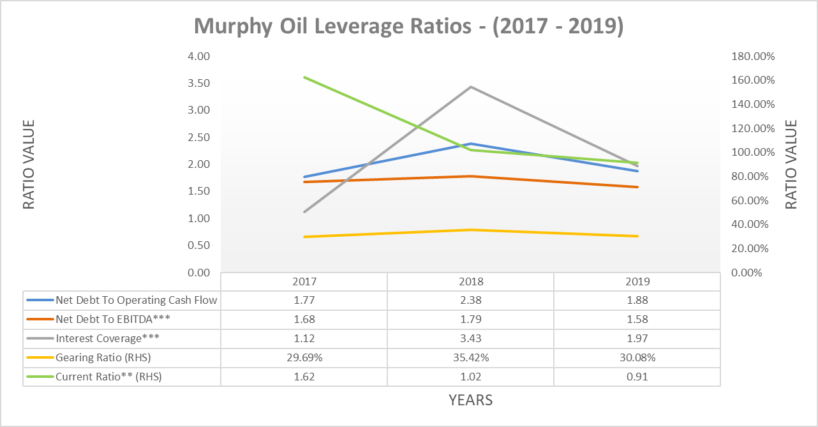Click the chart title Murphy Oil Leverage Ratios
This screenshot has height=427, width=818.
click(408, 27)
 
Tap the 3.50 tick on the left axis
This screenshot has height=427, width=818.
click(199, 84)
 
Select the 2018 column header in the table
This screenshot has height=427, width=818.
click(470, 281)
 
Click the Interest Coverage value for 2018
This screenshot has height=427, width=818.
click(470, 338)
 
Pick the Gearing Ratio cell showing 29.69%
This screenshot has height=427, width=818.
click(304, 357)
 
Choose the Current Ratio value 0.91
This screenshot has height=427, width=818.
click(637, 377)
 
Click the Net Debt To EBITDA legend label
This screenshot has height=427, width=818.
click(113, 319)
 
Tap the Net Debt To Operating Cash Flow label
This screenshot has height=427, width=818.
click(136, 300)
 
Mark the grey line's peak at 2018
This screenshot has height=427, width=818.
click(470, 87)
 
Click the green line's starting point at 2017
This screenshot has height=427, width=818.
click(304, 77)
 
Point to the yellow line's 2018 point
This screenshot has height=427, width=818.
click(470, 230)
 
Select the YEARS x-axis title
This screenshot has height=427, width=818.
click(470, 400)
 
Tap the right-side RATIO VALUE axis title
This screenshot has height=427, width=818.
click(791, 164)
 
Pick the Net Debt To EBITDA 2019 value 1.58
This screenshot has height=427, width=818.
click(637, 319)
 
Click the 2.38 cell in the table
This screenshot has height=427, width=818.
click(470, 300)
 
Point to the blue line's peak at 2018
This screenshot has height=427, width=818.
click(470, 144)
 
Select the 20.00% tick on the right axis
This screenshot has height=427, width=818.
click(753, 248)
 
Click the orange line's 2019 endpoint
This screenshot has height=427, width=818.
click(637, 187)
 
